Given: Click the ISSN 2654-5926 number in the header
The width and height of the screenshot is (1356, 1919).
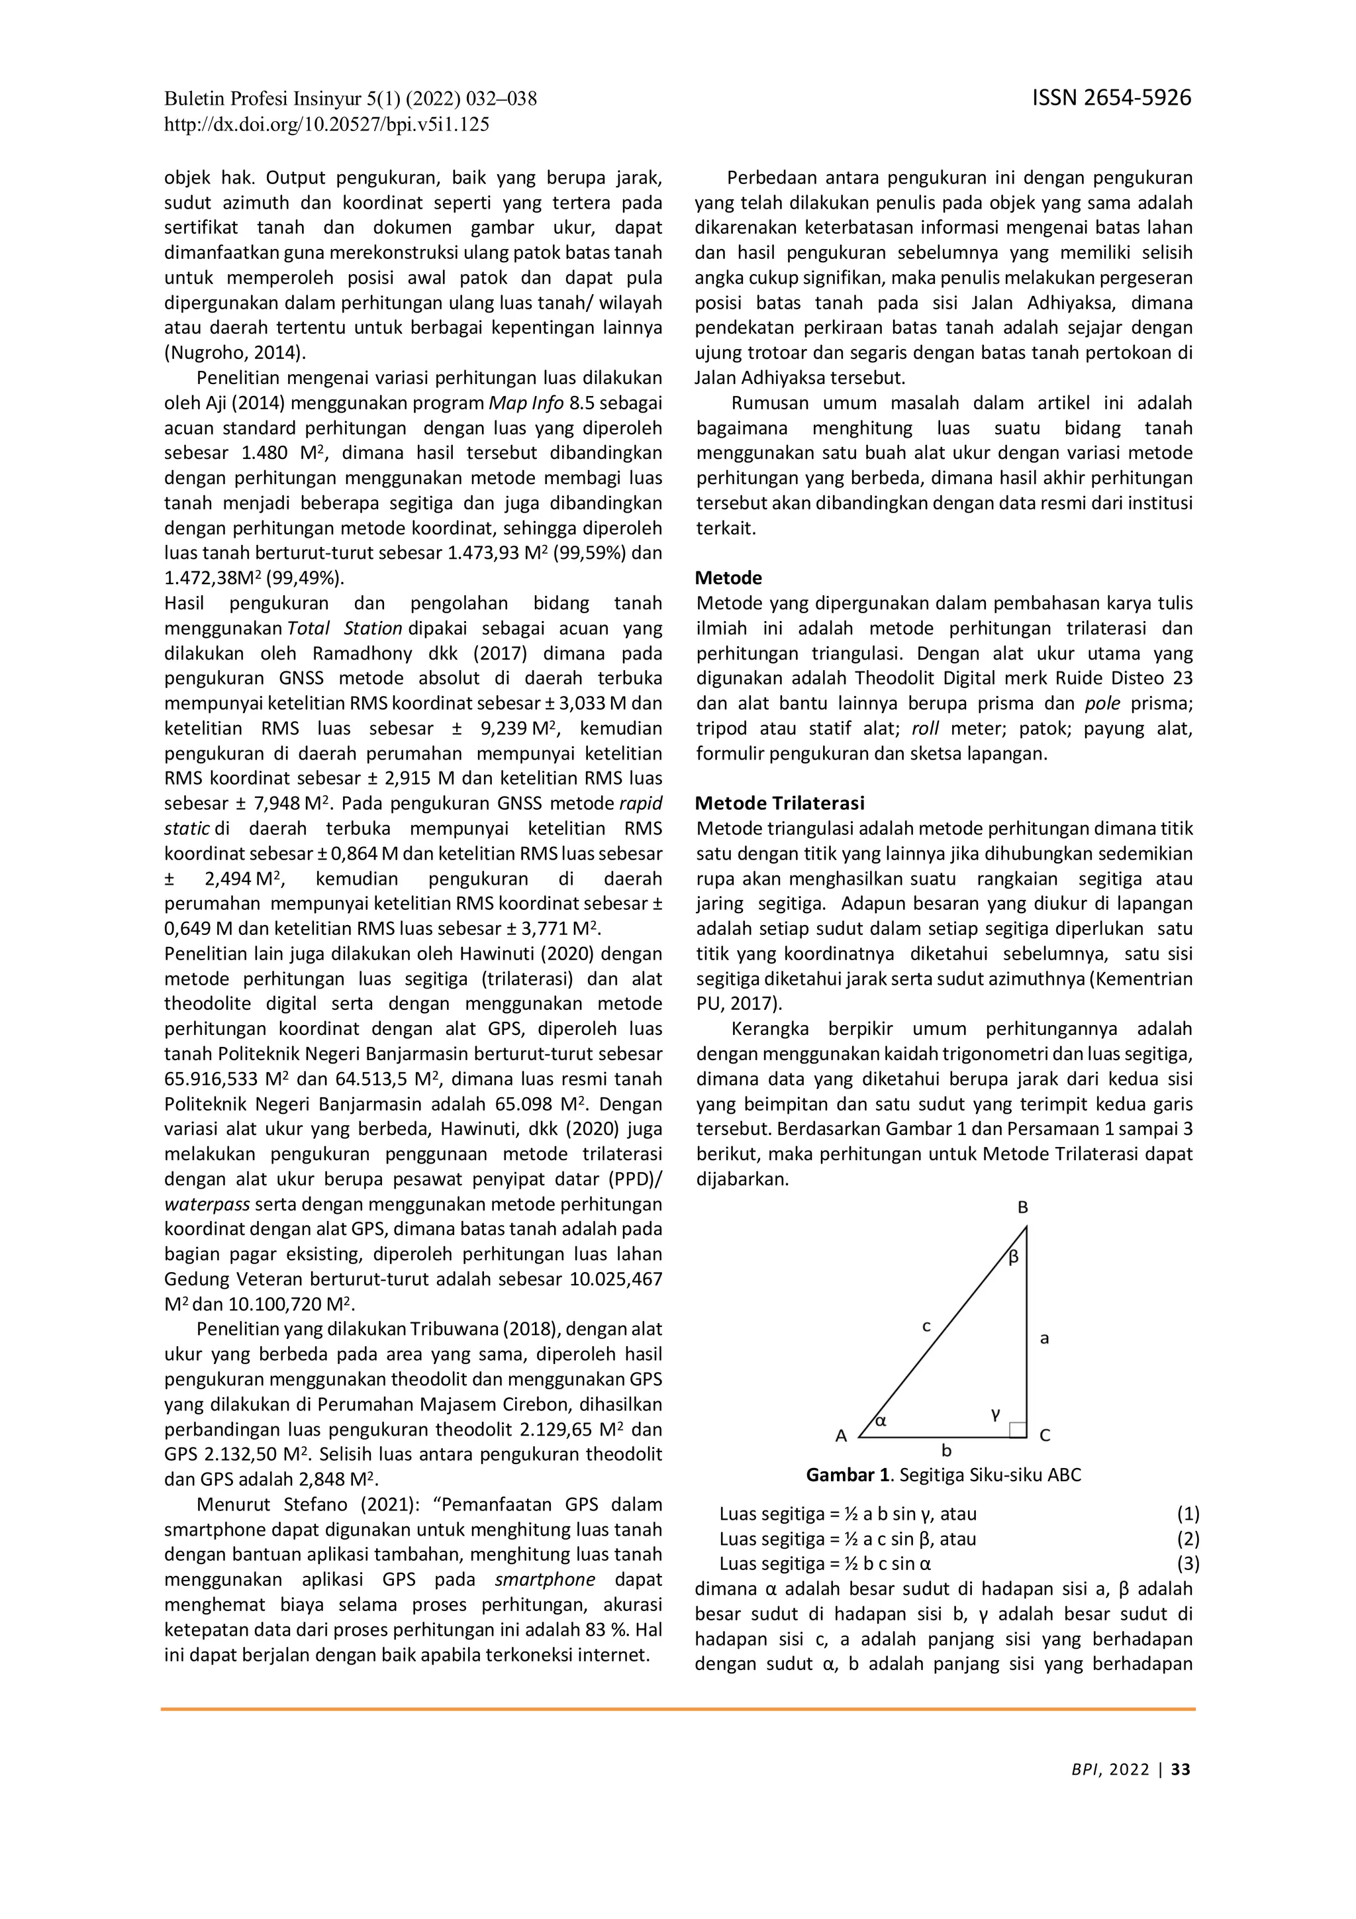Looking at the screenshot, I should click(x=1111, y=99).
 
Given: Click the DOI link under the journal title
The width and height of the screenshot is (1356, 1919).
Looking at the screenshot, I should click(x=326, y=125).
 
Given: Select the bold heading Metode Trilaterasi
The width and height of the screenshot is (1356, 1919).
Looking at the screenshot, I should click(x=779, y=803).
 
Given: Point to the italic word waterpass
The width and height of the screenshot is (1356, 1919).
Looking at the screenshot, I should click(x=207, y=1205).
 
